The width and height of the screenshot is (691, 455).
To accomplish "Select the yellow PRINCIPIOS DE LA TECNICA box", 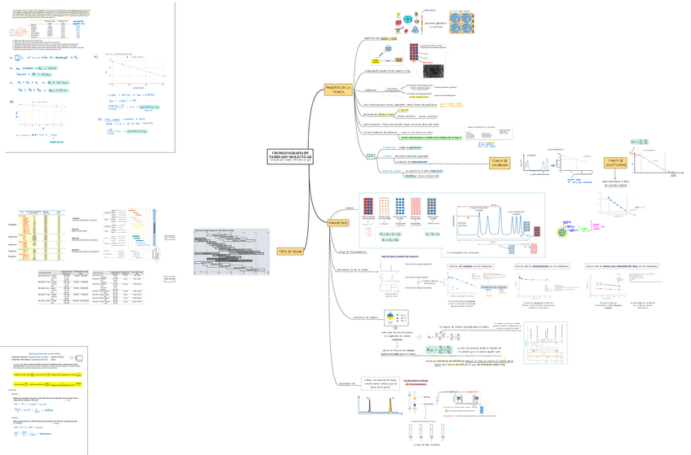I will (337, 89).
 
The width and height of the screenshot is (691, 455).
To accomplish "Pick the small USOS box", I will (345, 155).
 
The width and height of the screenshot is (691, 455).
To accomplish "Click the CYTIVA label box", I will (170, 237).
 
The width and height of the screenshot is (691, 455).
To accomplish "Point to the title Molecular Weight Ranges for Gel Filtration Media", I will (219, 231).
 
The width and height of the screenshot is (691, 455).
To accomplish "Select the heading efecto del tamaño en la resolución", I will (470, 266).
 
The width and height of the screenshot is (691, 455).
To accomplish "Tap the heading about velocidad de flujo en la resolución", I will (621, 266).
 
